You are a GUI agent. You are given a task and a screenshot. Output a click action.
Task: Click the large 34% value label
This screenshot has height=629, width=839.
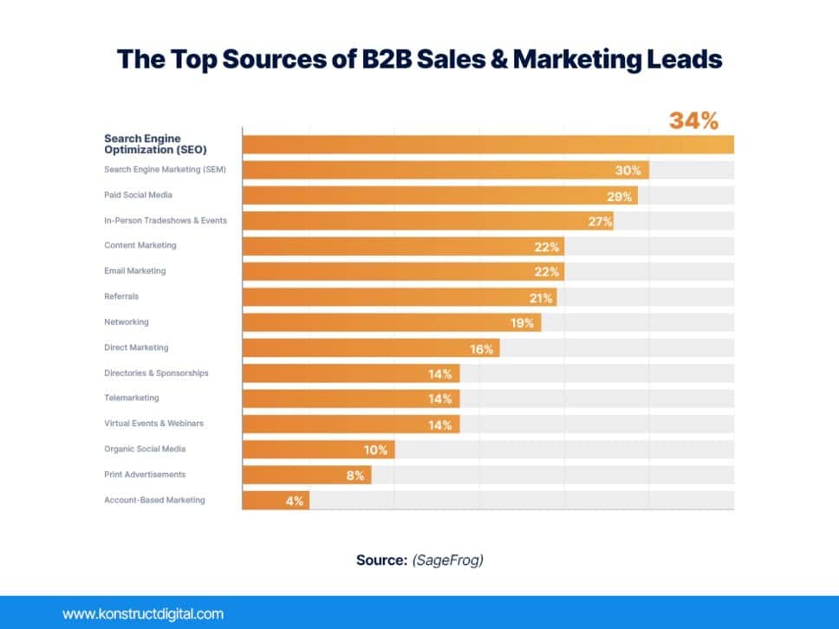pos(693,121)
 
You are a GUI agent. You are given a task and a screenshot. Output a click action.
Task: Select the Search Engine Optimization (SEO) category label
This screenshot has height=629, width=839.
pos(143,144)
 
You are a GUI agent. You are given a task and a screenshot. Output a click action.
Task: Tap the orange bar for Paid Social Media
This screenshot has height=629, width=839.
pos(433,196)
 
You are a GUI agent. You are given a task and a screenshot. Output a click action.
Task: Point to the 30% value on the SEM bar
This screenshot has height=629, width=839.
pos(628,171)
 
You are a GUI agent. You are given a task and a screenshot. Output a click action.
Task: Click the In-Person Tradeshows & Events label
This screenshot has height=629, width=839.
pos(166,220)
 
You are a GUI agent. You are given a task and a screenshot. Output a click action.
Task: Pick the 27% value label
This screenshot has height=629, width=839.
pos(601,222)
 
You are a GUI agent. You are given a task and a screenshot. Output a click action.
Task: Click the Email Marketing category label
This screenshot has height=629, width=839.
pos(134,271)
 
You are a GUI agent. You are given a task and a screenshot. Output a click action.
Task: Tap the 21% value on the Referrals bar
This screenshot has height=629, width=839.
pos(542,298)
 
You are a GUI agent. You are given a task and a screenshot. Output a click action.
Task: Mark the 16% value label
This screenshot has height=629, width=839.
pos(482,349)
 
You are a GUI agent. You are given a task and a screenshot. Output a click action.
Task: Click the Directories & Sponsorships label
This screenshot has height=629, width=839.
pos(156,373)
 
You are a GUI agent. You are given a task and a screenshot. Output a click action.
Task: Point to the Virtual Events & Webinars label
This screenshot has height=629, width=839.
pos(153,424)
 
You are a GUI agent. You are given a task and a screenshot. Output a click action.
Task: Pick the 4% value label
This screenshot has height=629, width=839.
pos(294,502)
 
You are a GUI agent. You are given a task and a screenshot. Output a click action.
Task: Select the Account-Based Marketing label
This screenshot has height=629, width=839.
pos(154,500)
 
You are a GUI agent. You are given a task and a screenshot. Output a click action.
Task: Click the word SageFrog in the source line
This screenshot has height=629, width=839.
pos(447,560)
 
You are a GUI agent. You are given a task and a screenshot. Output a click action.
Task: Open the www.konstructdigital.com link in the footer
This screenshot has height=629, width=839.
pos(143,614)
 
